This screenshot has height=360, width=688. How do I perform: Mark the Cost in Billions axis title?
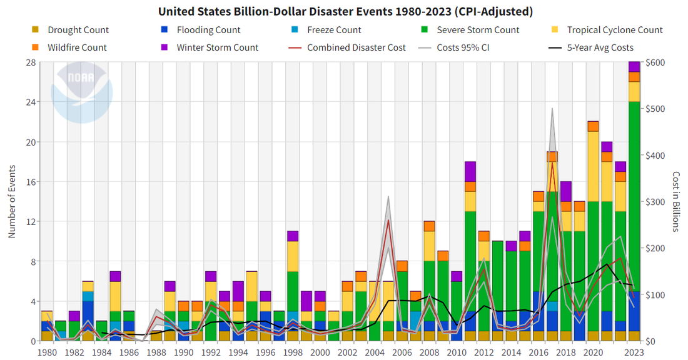(x=677, y=201)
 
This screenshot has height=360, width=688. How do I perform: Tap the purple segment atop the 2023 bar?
(x=634, y=67)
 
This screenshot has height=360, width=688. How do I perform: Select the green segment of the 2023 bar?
(x=634, y=212)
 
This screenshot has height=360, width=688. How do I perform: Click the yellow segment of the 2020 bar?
(x=593, y=166)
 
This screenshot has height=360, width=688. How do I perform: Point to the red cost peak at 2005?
(x=388, y=220)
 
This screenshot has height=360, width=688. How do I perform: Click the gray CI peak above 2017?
(x=552, y=110)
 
